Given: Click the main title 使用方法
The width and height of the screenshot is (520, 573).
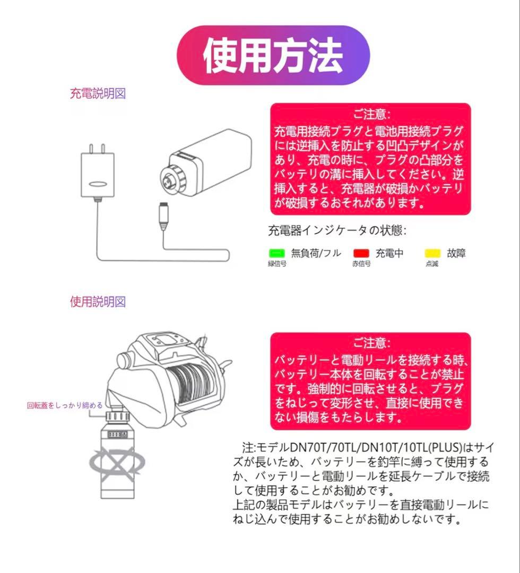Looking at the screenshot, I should click(x=273, y=56).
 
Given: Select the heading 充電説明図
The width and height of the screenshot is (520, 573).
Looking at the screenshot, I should click(x=98, y=94).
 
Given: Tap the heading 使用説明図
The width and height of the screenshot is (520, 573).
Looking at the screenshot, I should click(x=98, y=302).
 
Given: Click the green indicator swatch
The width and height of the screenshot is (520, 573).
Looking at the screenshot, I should click(x=277, y=254).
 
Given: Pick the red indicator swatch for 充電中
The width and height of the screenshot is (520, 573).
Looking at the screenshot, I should click(x=361, y=254).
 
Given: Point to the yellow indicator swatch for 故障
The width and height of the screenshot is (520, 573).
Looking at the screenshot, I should click(x=433, y=254).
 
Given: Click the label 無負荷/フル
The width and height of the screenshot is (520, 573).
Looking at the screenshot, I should click(x=316, y=254).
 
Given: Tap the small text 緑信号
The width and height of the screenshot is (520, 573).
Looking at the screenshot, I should click(x=277, y=264).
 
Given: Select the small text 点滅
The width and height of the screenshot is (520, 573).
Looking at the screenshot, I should click(x=432, y=264).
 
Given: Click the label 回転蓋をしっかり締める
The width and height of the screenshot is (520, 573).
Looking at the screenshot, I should click(x=65, y=405).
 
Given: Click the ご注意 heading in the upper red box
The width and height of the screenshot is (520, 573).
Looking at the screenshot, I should click(x=371, y=114).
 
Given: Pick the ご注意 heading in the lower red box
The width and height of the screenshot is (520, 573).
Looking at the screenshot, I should click(x=371, y=343).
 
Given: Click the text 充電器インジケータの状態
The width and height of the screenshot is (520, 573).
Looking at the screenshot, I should click(x=337, y=231).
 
